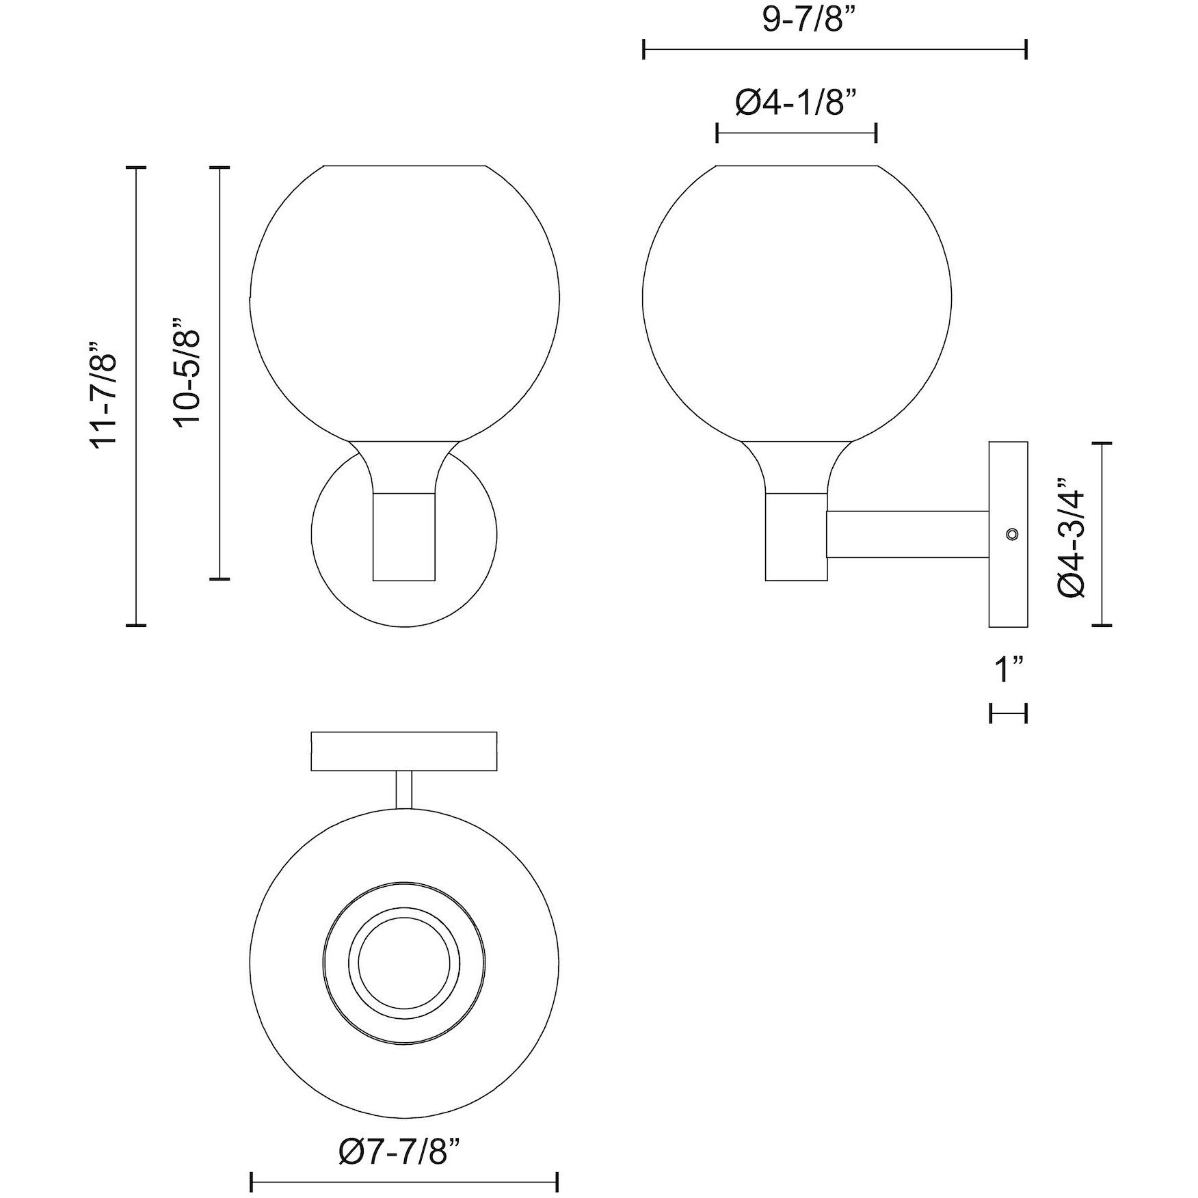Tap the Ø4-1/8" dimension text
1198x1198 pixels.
(796, 104)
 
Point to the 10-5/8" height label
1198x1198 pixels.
(187, 371)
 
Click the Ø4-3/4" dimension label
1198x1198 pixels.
(1071, 537)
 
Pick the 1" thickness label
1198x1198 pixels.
(1009, 669)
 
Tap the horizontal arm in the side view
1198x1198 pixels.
(908, 534)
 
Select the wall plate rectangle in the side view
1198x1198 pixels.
(1009, 534)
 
